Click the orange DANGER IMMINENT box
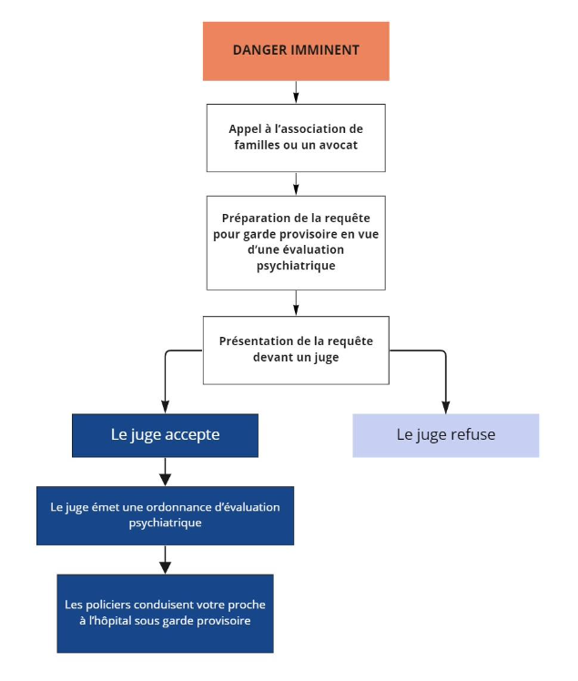(296, 51)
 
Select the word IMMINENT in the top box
(325, 50)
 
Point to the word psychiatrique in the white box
(296, 266)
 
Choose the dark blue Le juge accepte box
(165, 435)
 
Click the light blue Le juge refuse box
(445, 435)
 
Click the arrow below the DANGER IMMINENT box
(296, 92)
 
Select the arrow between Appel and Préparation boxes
(296, 184)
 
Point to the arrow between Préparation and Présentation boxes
(296, 302)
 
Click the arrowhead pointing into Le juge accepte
(165, 407)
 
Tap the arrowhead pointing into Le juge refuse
(445, 407)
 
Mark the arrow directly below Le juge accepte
(165, 472)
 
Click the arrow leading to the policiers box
(165, 560)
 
